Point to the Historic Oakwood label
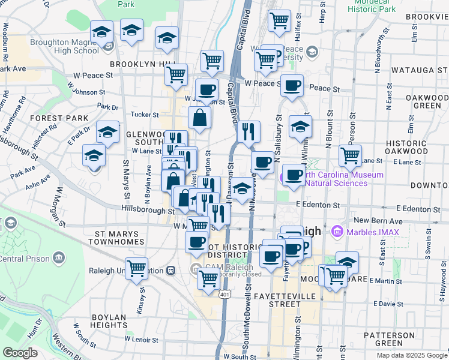click(x=406, y=148)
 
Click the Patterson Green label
click(x=389, y=339)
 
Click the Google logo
click(x=20, y=353)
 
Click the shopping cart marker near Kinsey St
click(x=137, y=268)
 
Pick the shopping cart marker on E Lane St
click(x=350, y=155)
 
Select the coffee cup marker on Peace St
click(x=292, y=85)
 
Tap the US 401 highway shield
click(x=224, y=295)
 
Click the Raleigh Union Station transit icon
click(x=171, y=269)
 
